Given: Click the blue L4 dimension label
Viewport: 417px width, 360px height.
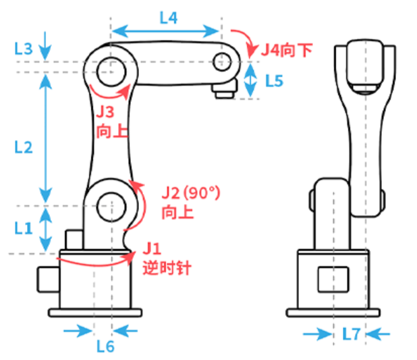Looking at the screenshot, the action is click(x=168, y=18).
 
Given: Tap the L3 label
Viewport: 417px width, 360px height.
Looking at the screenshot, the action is click(x=24, y=49).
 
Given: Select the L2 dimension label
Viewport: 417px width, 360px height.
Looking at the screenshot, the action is click(x=24, y=147).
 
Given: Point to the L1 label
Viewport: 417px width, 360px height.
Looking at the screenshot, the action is click(x=24, y=228).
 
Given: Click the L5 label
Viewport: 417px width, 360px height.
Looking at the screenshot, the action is click(x=275, y=80).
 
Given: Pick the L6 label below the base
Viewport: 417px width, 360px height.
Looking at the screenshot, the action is click(x=105, y=346).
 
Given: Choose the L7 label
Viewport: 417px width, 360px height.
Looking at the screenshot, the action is click(x=352, y=334).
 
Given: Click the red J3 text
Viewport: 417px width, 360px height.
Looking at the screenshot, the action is click(x=105, y=112).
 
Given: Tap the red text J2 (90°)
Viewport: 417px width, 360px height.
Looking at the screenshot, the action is click(x=191, y=192).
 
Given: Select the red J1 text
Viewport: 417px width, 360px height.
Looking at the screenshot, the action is click(x=152, y=249).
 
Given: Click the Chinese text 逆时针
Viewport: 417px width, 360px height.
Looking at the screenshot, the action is click(x=167, y=267).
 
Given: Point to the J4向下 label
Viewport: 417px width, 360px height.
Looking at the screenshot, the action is click(x=287, y=50).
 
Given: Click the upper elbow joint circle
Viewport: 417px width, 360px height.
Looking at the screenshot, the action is click(x=111, y=72).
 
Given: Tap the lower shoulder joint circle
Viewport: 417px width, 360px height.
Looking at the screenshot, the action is click(x=111, y=207).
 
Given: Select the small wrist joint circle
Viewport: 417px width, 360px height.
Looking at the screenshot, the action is click(x=222, y=61).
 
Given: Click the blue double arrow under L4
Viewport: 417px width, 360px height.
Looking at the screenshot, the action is click(x=165, y=31).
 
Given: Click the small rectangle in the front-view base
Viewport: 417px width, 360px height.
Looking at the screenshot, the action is click(x=333, y=280).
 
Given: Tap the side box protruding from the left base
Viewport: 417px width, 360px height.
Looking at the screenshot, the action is click(x=49, y=280).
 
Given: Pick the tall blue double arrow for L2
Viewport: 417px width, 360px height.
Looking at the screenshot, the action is click(x=45, y=138).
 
